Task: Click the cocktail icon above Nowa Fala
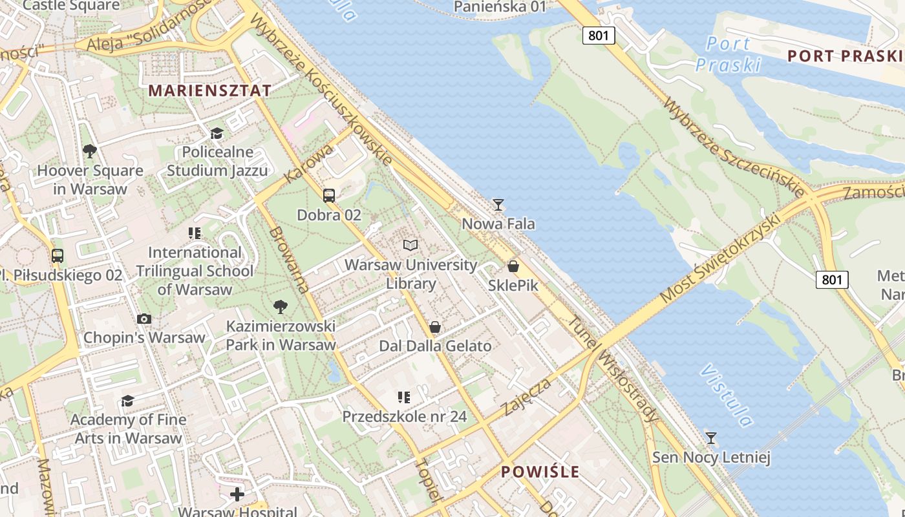tap(498, 205)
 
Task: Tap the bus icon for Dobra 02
tap(329, 195)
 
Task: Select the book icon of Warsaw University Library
tap(410, 245)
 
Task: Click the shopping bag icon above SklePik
tap(513, 266)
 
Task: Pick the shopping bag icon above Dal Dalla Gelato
tap(435, 327)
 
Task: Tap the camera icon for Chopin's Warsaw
tap(144, 319)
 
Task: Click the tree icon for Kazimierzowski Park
tap(281, 306)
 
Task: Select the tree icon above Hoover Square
tap(90, 151)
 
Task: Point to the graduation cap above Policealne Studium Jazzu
tap(217, 133)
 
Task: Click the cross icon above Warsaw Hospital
tap(237, 494)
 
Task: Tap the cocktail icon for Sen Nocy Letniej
tap(711, 438)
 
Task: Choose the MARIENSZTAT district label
tap(210, 90)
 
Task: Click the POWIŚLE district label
tap(540, 472)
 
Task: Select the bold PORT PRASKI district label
tap(844, 56)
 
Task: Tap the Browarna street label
tap(289, 259)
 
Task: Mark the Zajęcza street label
tap(527, 397)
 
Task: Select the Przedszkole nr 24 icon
tap(404, 397)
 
